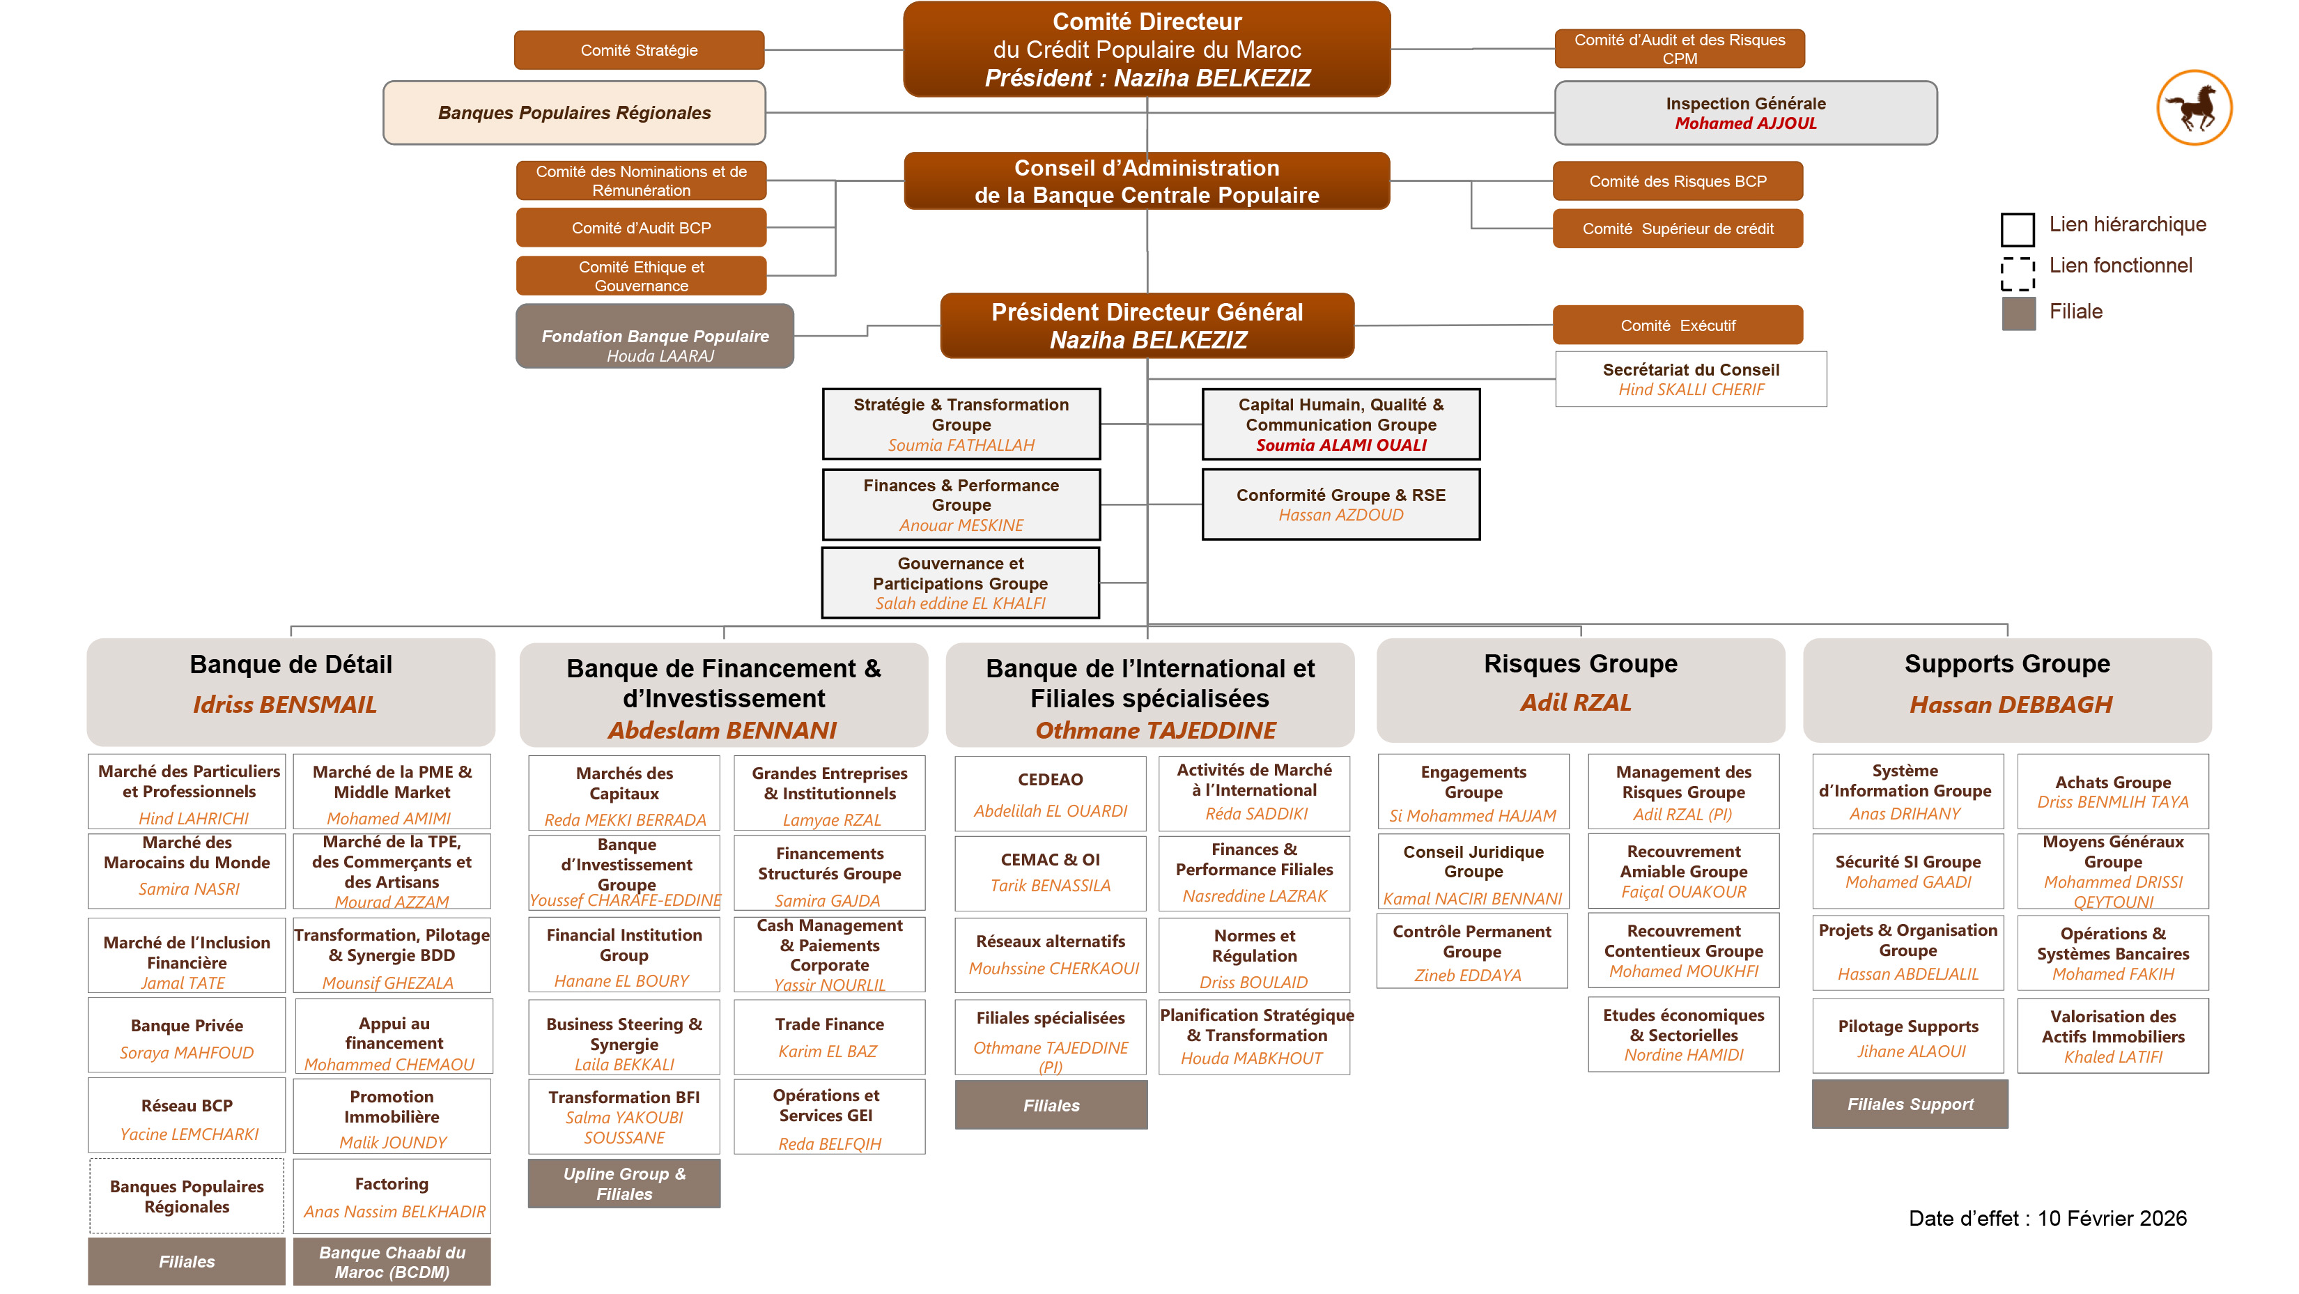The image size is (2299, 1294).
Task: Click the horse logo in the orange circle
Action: point(2194,108)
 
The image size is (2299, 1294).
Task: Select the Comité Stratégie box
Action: point(639,50)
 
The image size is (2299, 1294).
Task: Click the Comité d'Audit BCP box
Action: point(641,228)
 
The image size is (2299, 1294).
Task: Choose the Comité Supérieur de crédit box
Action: point(1677,229)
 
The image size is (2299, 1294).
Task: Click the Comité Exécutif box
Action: point(1677,325)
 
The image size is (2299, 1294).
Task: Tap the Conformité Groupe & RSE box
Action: point(1340,504)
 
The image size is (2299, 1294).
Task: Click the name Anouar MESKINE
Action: point(961,525)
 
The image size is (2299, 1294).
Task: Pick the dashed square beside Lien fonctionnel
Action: point(2017,273)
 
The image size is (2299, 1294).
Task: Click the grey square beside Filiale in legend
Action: point(2018,314)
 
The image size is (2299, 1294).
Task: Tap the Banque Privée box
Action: point(187,1036)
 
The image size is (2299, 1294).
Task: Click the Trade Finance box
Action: point(829,1036)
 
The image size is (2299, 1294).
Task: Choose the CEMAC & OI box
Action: point(1051,871)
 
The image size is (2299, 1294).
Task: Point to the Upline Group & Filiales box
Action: point(624,1183)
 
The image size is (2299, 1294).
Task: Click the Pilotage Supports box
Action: point(1907,1036)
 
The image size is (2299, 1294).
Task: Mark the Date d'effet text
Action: point(2048,1218)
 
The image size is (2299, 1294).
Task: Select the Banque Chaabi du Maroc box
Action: point(392,1262)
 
